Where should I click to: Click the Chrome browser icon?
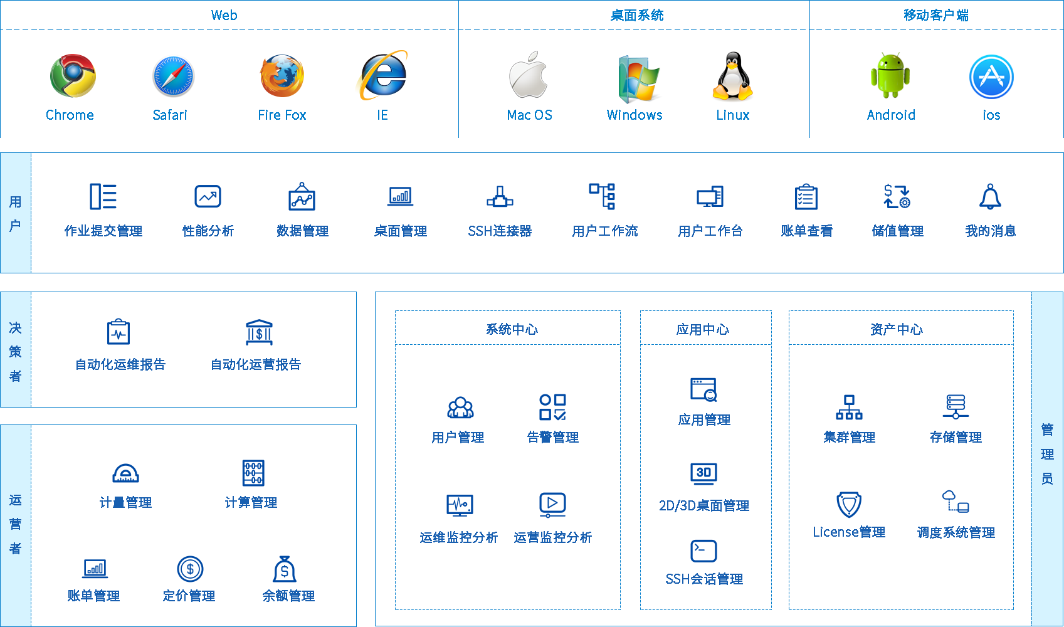pyautogui.click(x=73, y=76)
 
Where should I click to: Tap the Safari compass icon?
pyautogui.click(x=174, y=76)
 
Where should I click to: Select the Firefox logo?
pyautogui.click(x=282, y=76)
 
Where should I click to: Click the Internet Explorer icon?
pyautogui.click(x=381, y=75)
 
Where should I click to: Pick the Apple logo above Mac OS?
pyautogui.click(x=528, y=75)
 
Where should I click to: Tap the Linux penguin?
pyautogui.click(x=732, y=76)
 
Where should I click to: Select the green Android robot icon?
pyautogui.click(x=890, y=75)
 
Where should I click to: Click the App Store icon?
pyautogui.click(x=991, y=76)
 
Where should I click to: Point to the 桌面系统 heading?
pyautogui.click(x=636, y=15)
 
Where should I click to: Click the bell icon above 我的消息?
pyautogui.click(x=990, y=196)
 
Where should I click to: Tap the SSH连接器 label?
pyautogui.click(x=500, y=231)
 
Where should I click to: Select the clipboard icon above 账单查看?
pyautogui.click(x=806, y=197)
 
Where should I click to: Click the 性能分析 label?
pyautogui.click(x=208, y=231)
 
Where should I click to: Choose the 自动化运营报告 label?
pyautogui.click(x=256, y=364)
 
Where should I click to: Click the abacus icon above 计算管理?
pyautogui.click(x=253, y=473)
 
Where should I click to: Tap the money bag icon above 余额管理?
pyautogui.click(x=285, y=569)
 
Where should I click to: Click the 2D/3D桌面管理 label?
pyautogui.click(x=705, y=505)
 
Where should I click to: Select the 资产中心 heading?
pyautogui.click(x=897, y=329)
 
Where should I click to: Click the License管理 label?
pyautogui.click(x=849, y=532)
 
